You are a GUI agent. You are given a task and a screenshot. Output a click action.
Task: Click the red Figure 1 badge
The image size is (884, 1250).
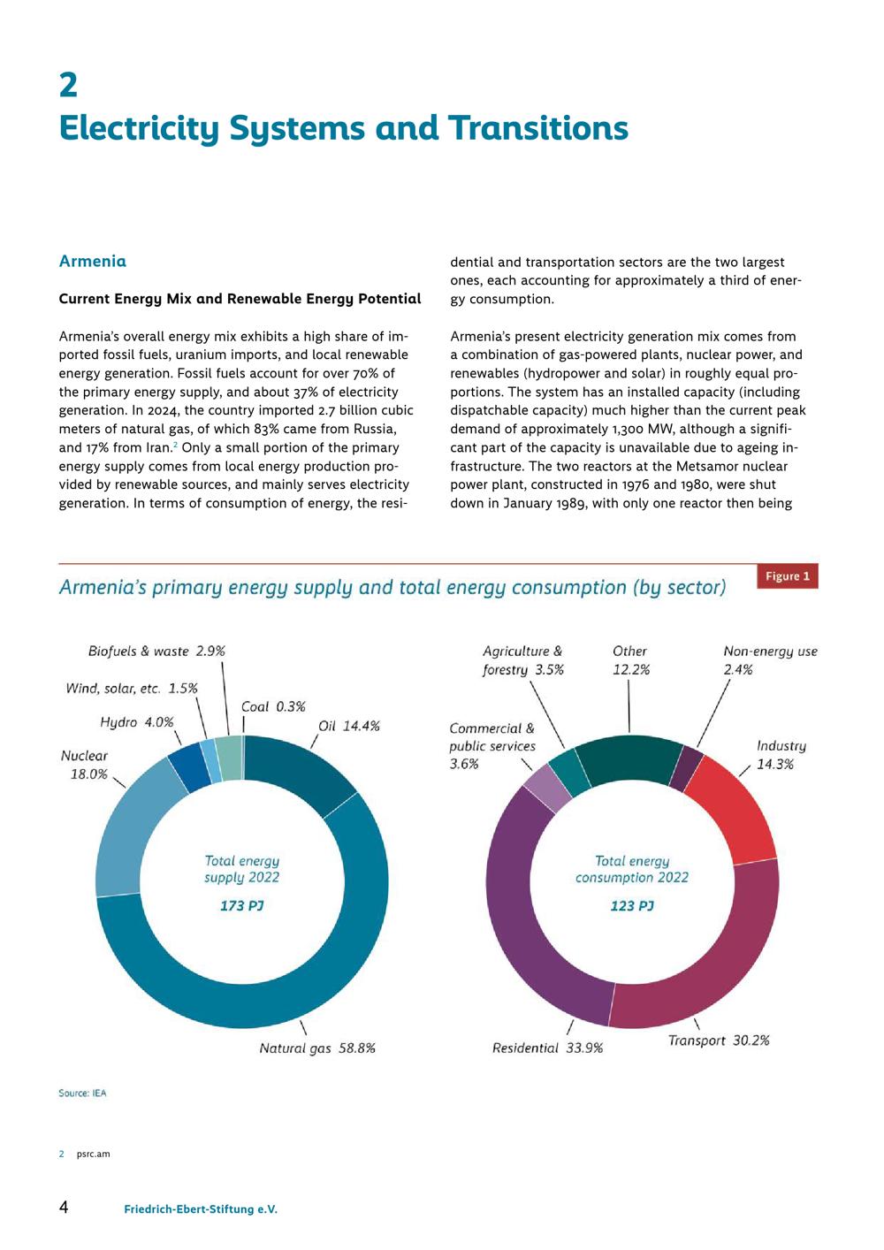pyautogui.click(x=787, y=575)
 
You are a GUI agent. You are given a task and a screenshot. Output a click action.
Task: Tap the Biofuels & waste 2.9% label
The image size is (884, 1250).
pyautogui.click(x=156, y=652)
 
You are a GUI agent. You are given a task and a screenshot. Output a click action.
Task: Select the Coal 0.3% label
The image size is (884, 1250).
pyautogui.click(x=273, y=707)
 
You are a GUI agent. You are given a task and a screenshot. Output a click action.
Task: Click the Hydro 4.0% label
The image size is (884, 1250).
pyautogui.click(x=137, y=722)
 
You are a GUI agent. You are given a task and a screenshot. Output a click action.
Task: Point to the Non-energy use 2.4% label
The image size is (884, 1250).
pyautogui.click(x=770, y=660)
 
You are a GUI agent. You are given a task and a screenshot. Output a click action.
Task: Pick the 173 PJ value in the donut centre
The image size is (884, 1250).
pyautogui.click(x=241, y=905)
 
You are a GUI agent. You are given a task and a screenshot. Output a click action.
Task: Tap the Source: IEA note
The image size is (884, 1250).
pyautogui.click(x=82, y=1094)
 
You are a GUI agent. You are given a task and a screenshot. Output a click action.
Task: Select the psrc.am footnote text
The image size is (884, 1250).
pyautogui.click(x=93, y=1154)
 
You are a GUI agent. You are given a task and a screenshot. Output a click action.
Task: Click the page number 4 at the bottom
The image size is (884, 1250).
pyautogui.click(x=65, y=1207)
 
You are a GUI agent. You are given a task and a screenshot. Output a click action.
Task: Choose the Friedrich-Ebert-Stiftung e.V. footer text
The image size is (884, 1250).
pyautogui.click(x=201, y=1209)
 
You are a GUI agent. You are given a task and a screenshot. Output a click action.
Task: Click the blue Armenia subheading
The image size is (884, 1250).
pyautogui.click(x=93, y=261)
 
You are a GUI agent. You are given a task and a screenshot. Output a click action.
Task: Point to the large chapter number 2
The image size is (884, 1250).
pyautogui.click(x=68, y=86)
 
